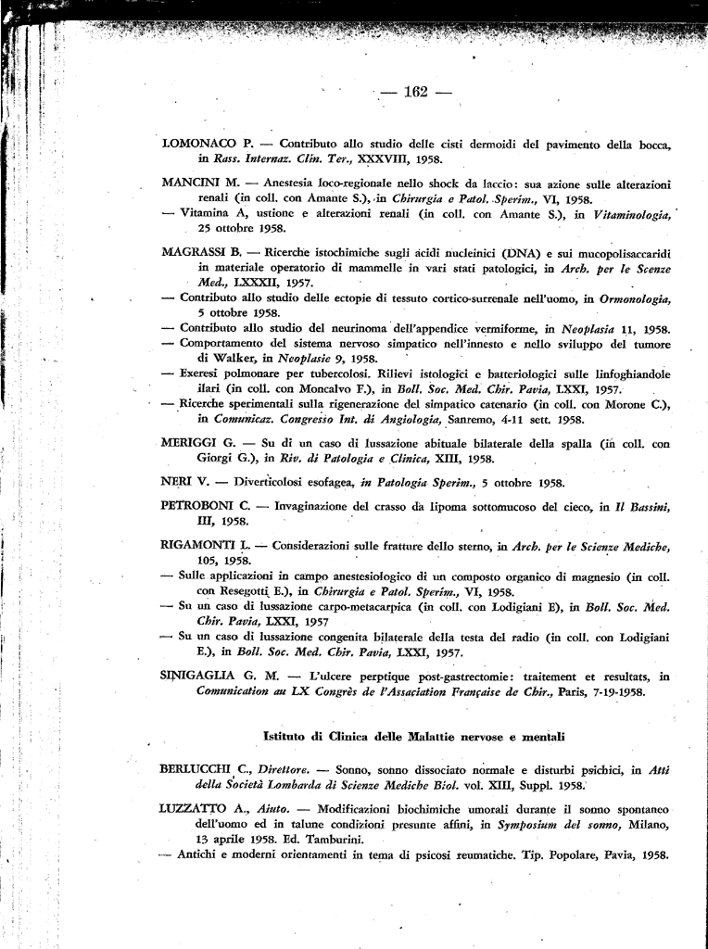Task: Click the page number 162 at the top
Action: pyautogui.click(x=414, y=92)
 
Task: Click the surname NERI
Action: pyautogui.click(x=177, y=483)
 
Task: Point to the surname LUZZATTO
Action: pyautogui.click(x=196, y=808)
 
